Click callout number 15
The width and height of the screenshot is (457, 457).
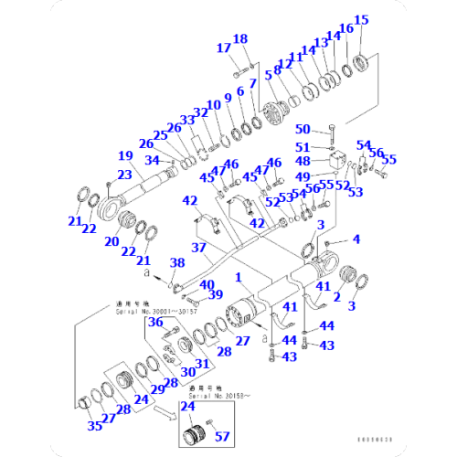click(x=361, y=19)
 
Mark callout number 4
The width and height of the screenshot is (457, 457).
click(x=356, y=239)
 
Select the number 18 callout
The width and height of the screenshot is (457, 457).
click(x=240, y=38)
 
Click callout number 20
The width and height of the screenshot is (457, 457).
click(x=113, y=241)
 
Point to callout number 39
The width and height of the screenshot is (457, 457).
click(x=216, y=293)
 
